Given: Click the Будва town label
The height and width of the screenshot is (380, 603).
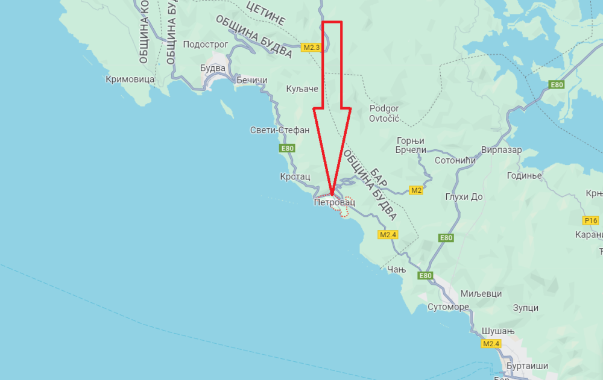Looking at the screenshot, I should [x=213, y=68].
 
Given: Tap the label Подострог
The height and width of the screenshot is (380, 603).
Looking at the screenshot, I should [x=205, y=45].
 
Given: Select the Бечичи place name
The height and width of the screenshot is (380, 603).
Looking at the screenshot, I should [x=251, y=80].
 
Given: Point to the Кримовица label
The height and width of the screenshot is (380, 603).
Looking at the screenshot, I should [x=130, y=79].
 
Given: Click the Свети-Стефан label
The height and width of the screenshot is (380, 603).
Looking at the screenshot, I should [x=280, y=130].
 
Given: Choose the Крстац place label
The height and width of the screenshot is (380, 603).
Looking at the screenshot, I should [x=295, y=176].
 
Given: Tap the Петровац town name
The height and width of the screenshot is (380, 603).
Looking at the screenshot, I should [x=335, y=203].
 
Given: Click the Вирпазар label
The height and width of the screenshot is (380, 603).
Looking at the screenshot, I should [x=502, y=150].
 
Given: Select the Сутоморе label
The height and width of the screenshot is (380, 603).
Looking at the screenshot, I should [x=448, y=307].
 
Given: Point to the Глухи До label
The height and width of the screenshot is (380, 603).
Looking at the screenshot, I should [x=464, y=197].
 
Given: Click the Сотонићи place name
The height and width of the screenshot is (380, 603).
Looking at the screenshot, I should [x=455, y=161].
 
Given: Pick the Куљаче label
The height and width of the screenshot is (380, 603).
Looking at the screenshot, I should [x=301, y=89].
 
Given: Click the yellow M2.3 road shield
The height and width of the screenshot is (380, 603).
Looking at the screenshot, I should [x=311, y=47].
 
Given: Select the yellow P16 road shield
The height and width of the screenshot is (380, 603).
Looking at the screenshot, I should [x=590, y=220].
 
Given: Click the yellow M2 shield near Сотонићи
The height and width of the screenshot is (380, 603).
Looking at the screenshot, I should [x=416, y=190].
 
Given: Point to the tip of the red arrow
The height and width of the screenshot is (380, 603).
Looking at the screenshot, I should [x=332, y=195].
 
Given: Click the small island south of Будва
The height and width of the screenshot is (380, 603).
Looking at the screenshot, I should [x=227, y=109].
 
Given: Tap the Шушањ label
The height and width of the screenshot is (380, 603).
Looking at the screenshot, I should [x=496, y=332].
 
